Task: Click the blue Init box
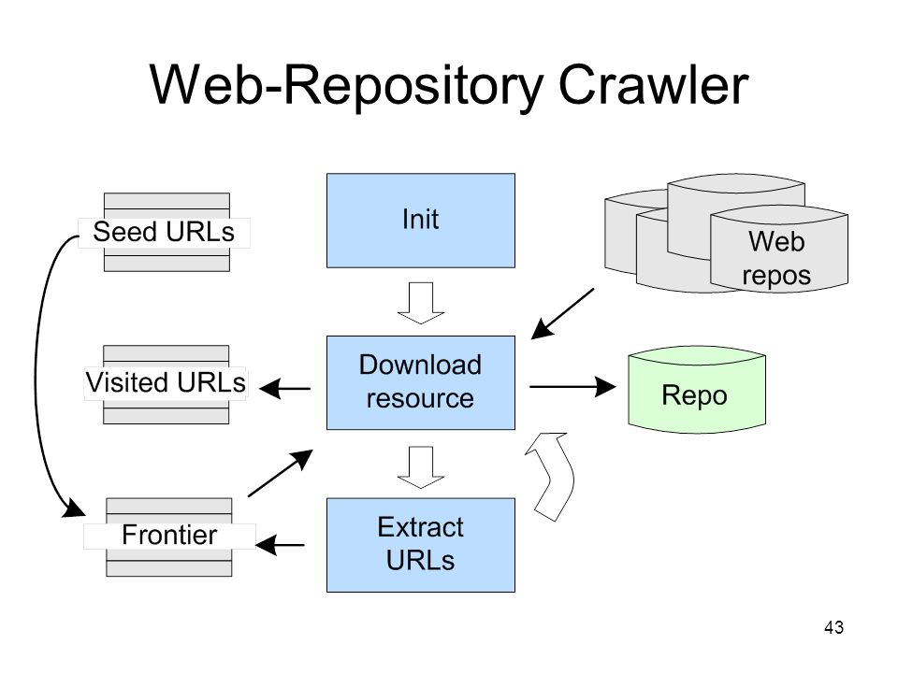(420, 221)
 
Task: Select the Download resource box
(420, 382)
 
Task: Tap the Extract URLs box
(420, 545)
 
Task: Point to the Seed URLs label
(164, 233)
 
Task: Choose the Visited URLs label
(166, 382)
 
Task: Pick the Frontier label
(169, 535)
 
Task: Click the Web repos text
(776, 258)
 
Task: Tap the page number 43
(833, 627)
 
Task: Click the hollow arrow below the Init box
(421, 303)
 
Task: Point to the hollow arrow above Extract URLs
(421, 467)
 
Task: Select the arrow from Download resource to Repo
(572, 387)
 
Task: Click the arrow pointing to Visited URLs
(284, 389)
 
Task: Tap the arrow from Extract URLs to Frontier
(280, 545)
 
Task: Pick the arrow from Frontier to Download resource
(281, 473)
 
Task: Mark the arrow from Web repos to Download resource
(562, 314)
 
